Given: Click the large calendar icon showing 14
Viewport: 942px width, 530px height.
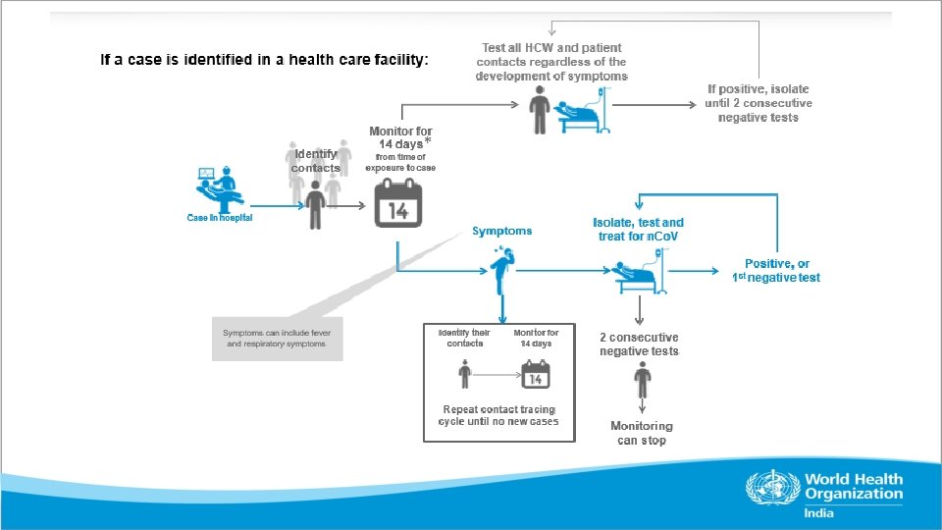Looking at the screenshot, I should pyautogui.click(x=398, y=204).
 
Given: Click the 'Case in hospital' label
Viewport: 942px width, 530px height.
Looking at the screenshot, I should pyautogui.click(x=220, y=218).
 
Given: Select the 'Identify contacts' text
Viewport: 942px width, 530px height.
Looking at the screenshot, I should pyautogui.click(x=316, y=161).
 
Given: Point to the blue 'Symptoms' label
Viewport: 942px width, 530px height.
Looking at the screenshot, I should pyautogui.click(x=502, y=232).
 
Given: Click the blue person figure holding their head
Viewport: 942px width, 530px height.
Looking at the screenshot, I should pyautogui.click(x=502, y=271).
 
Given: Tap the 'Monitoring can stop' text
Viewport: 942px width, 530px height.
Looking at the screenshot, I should pyautogui.click(x=642, y=433).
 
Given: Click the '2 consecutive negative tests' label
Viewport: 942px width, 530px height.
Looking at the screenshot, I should pyautogui.click(x=640, y=344).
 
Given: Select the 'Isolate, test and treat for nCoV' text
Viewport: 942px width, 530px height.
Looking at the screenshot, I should pyautogui.click(x=639, y=230).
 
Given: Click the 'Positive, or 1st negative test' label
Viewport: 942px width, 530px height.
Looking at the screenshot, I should pyautogui.click(x=776, y=271).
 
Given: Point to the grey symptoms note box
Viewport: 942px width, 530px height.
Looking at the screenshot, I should pyautogui.click(x=278, y=339).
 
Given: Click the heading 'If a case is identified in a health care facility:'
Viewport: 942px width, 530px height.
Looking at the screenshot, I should pyautogui.click(x=265, y=61).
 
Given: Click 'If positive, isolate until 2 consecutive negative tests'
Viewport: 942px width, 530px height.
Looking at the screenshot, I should pyautogui.click(x=759, y=103).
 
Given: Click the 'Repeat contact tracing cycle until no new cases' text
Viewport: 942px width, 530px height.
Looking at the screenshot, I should pyautogui.click(x=499, y=415).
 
